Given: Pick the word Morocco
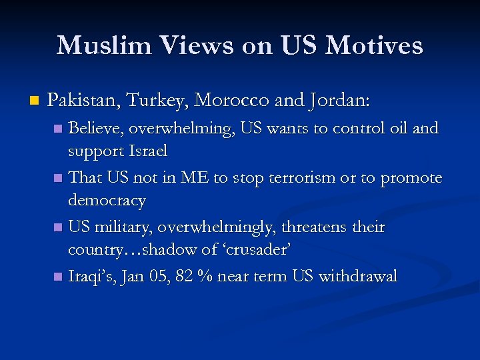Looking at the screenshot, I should [x=231, y=101].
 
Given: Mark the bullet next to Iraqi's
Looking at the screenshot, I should [x=59, y=277].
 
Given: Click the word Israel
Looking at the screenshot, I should [x=146, y=151].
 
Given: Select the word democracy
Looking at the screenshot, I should [x=107, y=201].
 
